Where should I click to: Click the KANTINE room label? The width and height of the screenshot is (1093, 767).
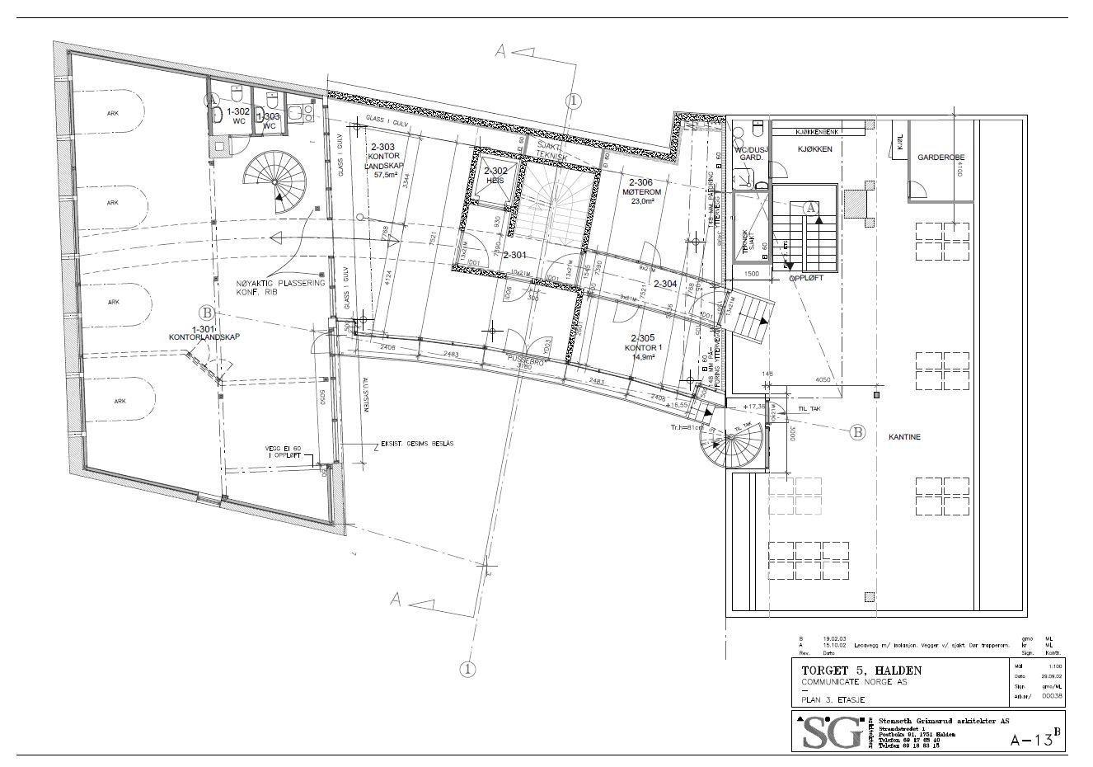pos(905,436)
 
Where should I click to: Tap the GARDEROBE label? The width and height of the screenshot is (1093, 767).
pos(941,157)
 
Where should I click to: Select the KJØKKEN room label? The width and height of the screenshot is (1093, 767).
pos(814,149)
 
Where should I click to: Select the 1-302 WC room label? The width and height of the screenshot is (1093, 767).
pos(238,115)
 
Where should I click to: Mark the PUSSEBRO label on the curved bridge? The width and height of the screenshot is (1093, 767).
pos(525,360)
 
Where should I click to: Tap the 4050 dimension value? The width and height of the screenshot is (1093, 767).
pos(816,380)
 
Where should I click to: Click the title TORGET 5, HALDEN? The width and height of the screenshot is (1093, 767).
pos(856,669)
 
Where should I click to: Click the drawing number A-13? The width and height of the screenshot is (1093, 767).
pos(1033,739)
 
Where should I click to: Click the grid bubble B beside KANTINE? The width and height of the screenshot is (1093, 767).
pos(857,431)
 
